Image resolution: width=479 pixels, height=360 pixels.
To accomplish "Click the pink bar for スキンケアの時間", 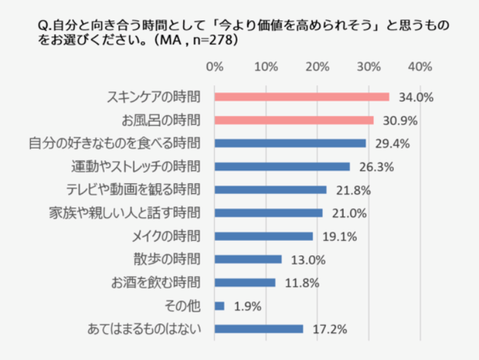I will (x=302, y=97).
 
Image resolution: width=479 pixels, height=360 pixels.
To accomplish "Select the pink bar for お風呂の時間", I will (x=294, y=120).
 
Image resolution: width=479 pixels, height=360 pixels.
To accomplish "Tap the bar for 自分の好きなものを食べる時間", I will (x=290, y=143).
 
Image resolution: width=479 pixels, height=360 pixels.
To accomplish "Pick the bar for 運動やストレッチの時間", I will (x=282, y=166).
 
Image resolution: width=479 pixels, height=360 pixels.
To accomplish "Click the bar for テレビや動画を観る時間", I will (x=270, y=190).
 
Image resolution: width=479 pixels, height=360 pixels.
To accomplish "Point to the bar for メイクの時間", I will (x=264, y=236).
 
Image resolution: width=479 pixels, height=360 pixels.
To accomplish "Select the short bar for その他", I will (x=219, y=306).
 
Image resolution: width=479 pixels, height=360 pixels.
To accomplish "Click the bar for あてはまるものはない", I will (x=258, y=329).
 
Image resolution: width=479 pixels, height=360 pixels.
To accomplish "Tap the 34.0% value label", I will (x=413, y=98).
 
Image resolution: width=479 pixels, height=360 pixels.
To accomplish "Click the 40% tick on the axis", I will (x=419, y=67).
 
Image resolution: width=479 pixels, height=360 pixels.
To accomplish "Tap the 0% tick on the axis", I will (x=215, y=67).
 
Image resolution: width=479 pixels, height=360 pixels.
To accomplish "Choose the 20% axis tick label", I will (x=317, y=67).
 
